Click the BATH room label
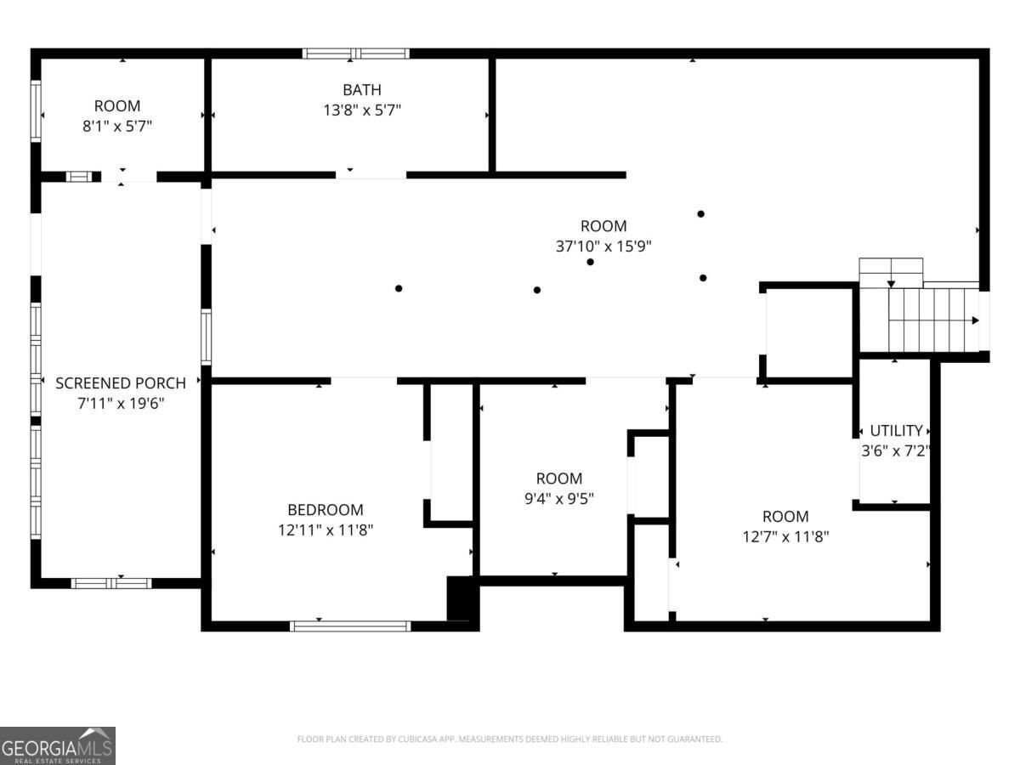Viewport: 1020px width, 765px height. tap(361, 89)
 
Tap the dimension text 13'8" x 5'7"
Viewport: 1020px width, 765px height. tap(362, 110)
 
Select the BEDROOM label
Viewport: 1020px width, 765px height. tap(326, 510)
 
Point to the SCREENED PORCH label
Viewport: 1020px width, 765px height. tap(121, 383)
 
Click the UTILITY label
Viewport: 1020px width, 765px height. tap(896, 431)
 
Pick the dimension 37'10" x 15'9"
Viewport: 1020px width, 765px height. tap(603, 246)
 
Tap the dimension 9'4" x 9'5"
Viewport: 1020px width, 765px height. tap(559, 499)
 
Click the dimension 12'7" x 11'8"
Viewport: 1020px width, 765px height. tap(785, 537)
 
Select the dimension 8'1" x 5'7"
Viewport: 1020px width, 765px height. tap(117, 127)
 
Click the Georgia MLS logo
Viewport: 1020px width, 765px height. tap(58, 746)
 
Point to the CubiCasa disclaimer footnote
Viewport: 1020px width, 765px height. tap(510, 739)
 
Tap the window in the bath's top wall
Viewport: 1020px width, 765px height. tap(356, 54)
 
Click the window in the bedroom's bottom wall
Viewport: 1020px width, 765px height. tap(350, 626)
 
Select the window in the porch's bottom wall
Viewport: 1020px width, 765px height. tap(111, 583)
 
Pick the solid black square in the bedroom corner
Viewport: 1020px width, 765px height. tap(460, 598)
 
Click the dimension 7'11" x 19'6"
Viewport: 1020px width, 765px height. tap(121, 404)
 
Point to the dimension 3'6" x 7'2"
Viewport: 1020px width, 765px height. tap(895, 451)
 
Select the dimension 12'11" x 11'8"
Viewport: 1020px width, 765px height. tap(326, 530)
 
